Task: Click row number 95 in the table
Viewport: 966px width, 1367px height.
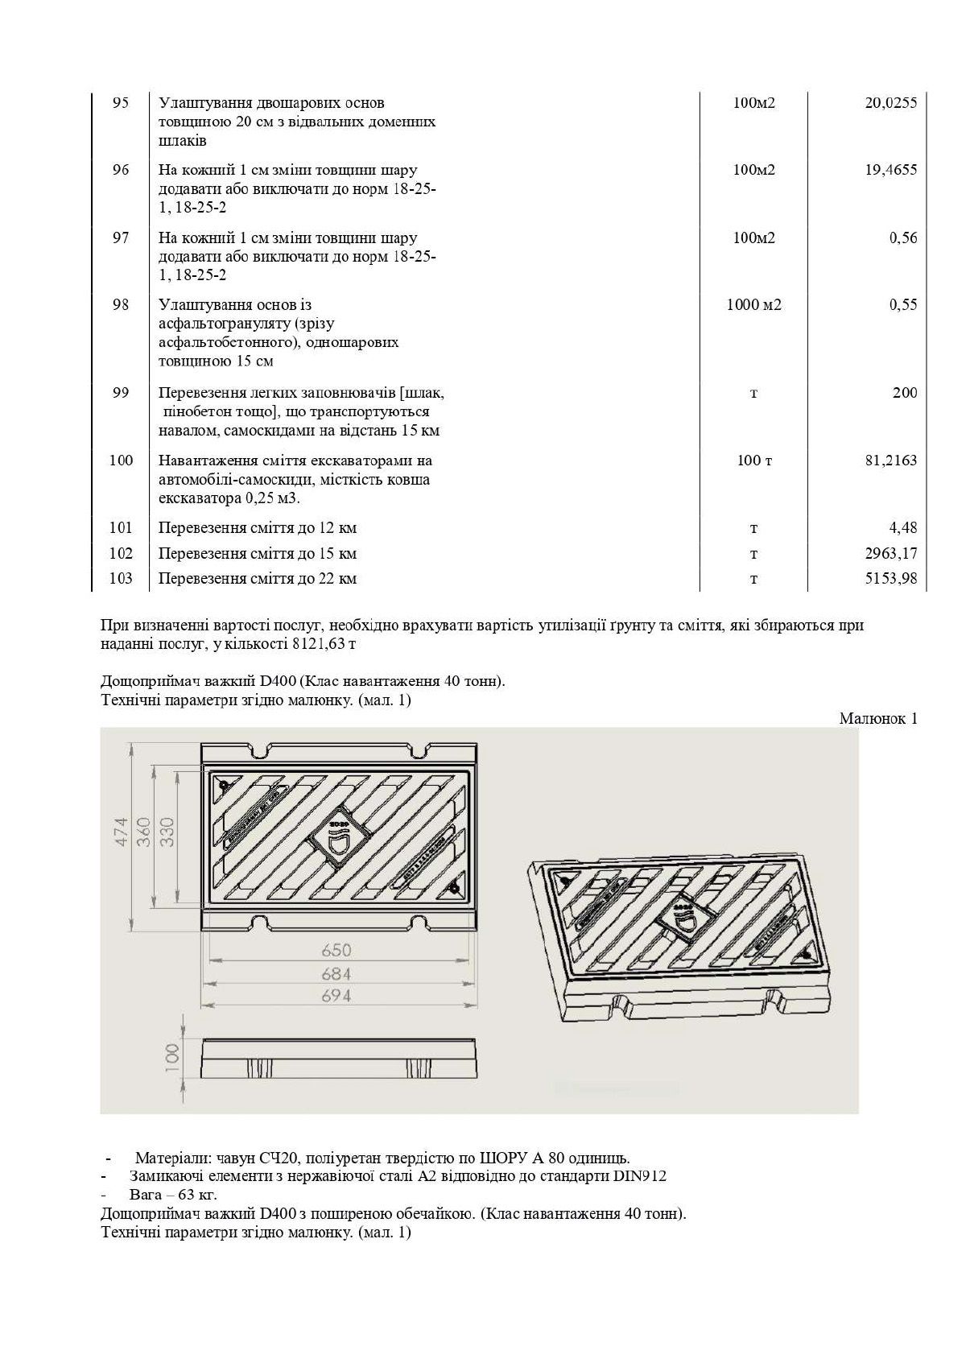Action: [x=120, y=103]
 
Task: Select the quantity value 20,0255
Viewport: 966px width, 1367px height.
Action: [x=890, y=103]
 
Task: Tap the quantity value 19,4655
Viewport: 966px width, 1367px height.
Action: [x=890, y=170]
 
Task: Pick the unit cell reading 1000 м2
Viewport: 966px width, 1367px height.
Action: [x=753, y=304]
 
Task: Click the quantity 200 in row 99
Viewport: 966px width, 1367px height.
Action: [x=904, y=393]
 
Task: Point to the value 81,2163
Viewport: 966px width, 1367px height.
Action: [x=890, y=460]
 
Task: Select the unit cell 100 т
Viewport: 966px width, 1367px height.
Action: [x=753, y=460]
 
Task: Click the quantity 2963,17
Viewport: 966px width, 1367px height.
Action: [x=890, y=554]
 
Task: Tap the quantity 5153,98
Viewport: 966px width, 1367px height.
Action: [x=890, y=579]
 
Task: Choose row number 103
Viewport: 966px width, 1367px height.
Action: [x=120, y=579]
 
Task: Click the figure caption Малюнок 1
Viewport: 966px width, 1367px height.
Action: [x=877, y=719]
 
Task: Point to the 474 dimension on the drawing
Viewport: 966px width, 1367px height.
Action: [x=120, y=836]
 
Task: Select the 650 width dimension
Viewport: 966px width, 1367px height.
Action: [x=336, y=950]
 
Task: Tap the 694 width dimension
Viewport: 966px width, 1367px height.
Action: [x=336, y=996]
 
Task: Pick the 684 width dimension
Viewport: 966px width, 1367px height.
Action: [x=336, y=974]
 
